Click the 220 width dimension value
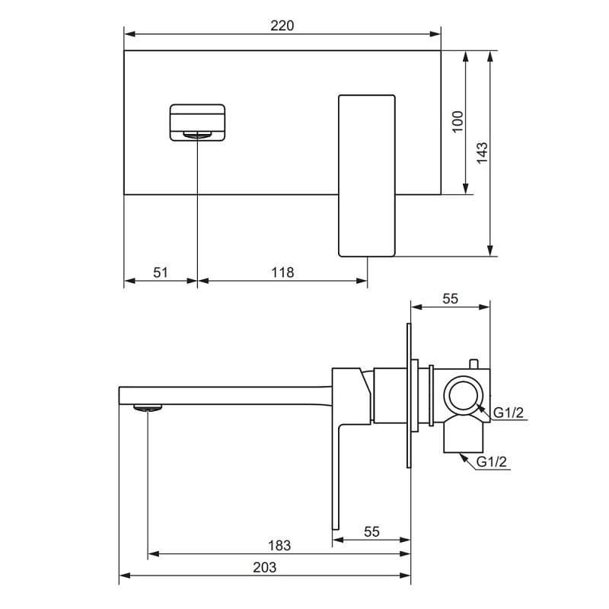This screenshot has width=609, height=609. tap(282, 26)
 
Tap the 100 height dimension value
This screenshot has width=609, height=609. tap(458, 122)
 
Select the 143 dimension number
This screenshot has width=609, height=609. tap(482, 153)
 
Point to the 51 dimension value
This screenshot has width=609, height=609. tap(161, 273)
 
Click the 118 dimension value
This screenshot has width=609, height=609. tap(282, 273)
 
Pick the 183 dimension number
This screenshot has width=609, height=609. tap(279, 546)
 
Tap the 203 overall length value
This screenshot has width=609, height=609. tap(264, 567)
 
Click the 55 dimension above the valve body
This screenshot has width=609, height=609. tap(450, 298)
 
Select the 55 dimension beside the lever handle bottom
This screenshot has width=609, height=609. tap(371, 531)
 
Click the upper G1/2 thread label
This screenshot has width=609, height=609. tap(509, 413)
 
